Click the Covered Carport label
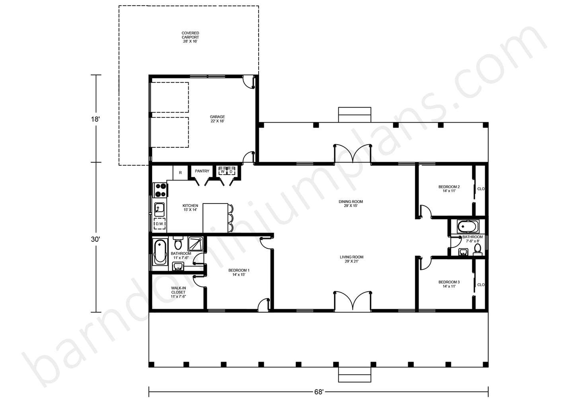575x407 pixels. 190,37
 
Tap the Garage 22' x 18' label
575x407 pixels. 217,119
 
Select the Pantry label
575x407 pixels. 202,171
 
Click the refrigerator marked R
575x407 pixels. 180,173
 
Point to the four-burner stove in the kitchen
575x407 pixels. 160,190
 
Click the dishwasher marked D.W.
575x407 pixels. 160,224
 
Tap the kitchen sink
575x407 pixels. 160,209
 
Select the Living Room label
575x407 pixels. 351,259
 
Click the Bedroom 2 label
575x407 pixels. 449,189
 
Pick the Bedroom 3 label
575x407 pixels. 449,284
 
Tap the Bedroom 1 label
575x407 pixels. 239,272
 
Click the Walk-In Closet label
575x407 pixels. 178,292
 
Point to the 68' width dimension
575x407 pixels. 319,392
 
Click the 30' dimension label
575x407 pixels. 95,239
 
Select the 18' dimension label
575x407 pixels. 95,119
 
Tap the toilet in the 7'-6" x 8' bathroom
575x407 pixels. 478,249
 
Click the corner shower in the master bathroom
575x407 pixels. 195,244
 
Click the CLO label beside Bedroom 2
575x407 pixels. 481,189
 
